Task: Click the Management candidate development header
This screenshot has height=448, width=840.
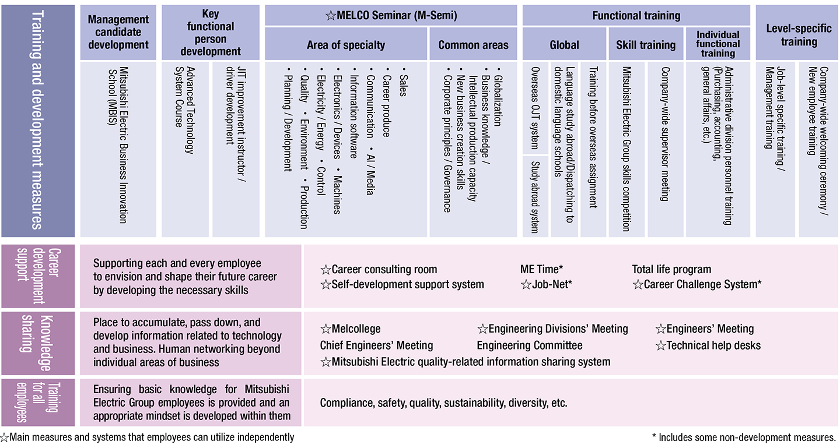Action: coord(118,33)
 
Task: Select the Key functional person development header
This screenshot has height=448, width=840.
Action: coord(210,33)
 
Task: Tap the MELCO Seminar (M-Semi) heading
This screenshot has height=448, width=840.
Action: coord(391,16)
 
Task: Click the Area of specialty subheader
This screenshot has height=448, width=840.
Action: coord(346,45)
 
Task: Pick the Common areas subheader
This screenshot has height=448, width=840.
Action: coord(473,45)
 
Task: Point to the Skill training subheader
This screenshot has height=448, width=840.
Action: coord(646,45)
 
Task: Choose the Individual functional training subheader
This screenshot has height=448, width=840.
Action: coord(717,44)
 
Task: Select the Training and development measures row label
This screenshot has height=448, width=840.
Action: coord(38,121)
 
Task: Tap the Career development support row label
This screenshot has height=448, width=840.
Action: coord(38,276)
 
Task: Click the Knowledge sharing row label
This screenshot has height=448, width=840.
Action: coord(38,343)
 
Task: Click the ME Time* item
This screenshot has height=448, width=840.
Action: coord(541,269)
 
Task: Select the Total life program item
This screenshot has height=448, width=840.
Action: coord(671,269)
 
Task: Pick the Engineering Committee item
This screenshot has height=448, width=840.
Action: coord(529,345)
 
